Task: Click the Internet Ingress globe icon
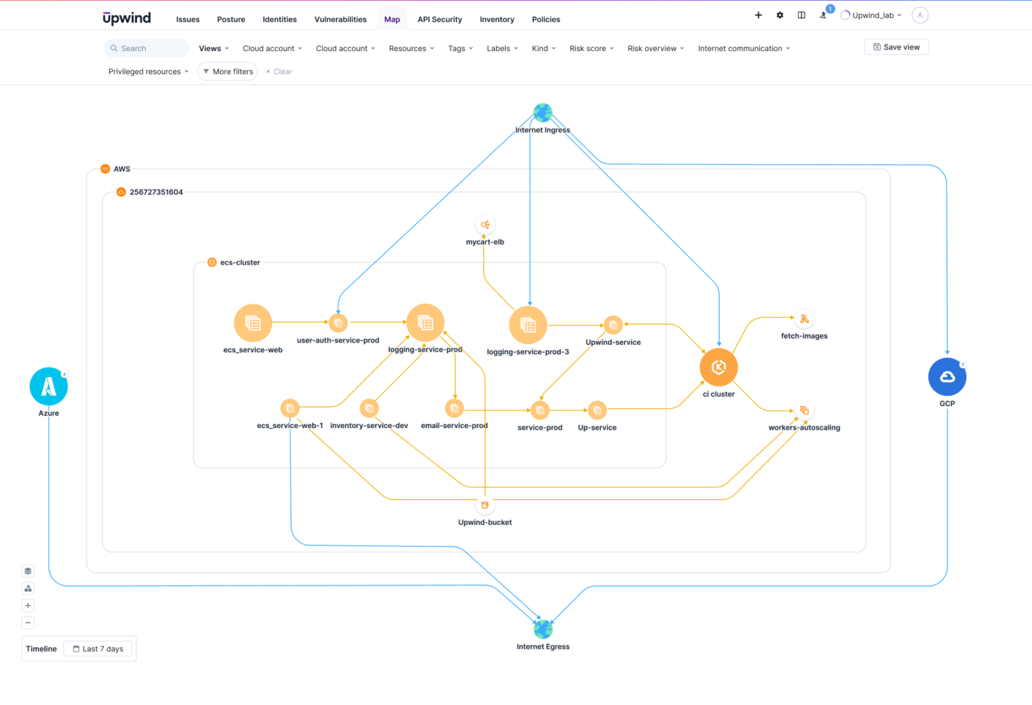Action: (543, 112)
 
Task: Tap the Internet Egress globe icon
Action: (543, 629)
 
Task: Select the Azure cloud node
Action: (48, 386)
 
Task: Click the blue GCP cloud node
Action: (947, 377)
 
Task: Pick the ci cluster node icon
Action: (718, 367)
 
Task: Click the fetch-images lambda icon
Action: (804, 319)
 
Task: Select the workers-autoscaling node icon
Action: (804, 411)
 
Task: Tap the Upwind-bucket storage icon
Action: (485, 505)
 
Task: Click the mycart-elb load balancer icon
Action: (485, 224)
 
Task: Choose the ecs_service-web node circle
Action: (253, 323)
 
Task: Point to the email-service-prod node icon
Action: (455, 408)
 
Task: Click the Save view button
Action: (896, 47)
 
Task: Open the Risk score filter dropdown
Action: (591, 48)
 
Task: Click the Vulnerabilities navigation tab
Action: (341, 19)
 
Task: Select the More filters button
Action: (227, 71)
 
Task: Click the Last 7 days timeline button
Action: (98, 649)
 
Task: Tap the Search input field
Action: (146, 48)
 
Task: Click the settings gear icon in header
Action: (780, 15)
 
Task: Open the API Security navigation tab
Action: (439, 19)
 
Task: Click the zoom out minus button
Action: (28, 623)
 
